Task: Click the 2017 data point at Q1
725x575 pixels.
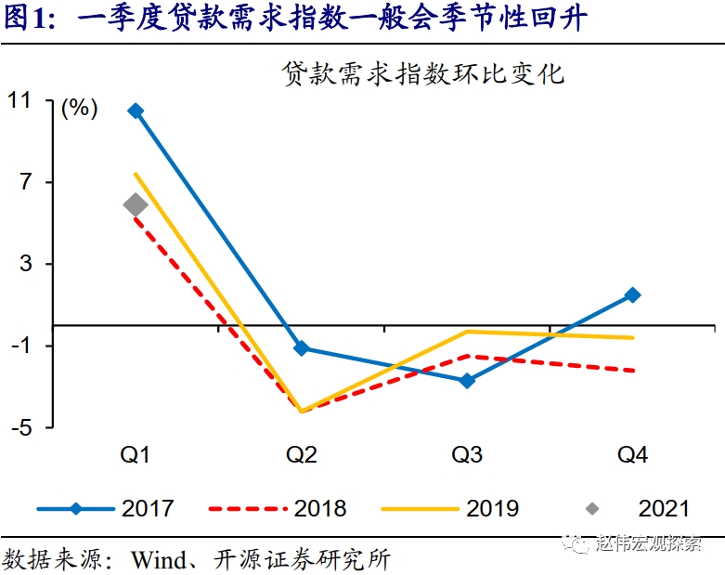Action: [x=136, y=111]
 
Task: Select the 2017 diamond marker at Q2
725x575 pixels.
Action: [x=301, y=348]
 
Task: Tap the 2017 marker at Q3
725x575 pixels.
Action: [x=467, y=380]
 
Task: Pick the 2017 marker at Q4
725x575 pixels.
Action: [x=632, y=294]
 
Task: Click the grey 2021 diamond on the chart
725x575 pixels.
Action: [x=136, y=205]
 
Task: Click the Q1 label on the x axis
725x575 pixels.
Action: [x=136, y=454]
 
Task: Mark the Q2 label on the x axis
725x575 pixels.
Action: [x=301, y=454]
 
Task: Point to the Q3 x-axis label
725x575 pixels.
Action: [x=467, y=454]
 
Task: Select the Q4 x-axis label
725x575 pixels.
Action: [x=632, y=454]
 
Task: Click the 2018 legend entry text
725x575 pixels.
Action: [x=320, y=508]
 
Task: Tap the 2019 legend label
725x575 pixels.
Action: [x=492, y=508]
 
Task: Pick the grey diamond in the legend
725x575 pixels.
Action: [x=591, y=508]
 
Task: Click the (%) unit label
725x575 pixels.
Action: [x=79, y=109]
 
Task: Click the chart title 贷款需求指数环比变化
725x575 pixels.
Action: [x=423, y=75]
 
